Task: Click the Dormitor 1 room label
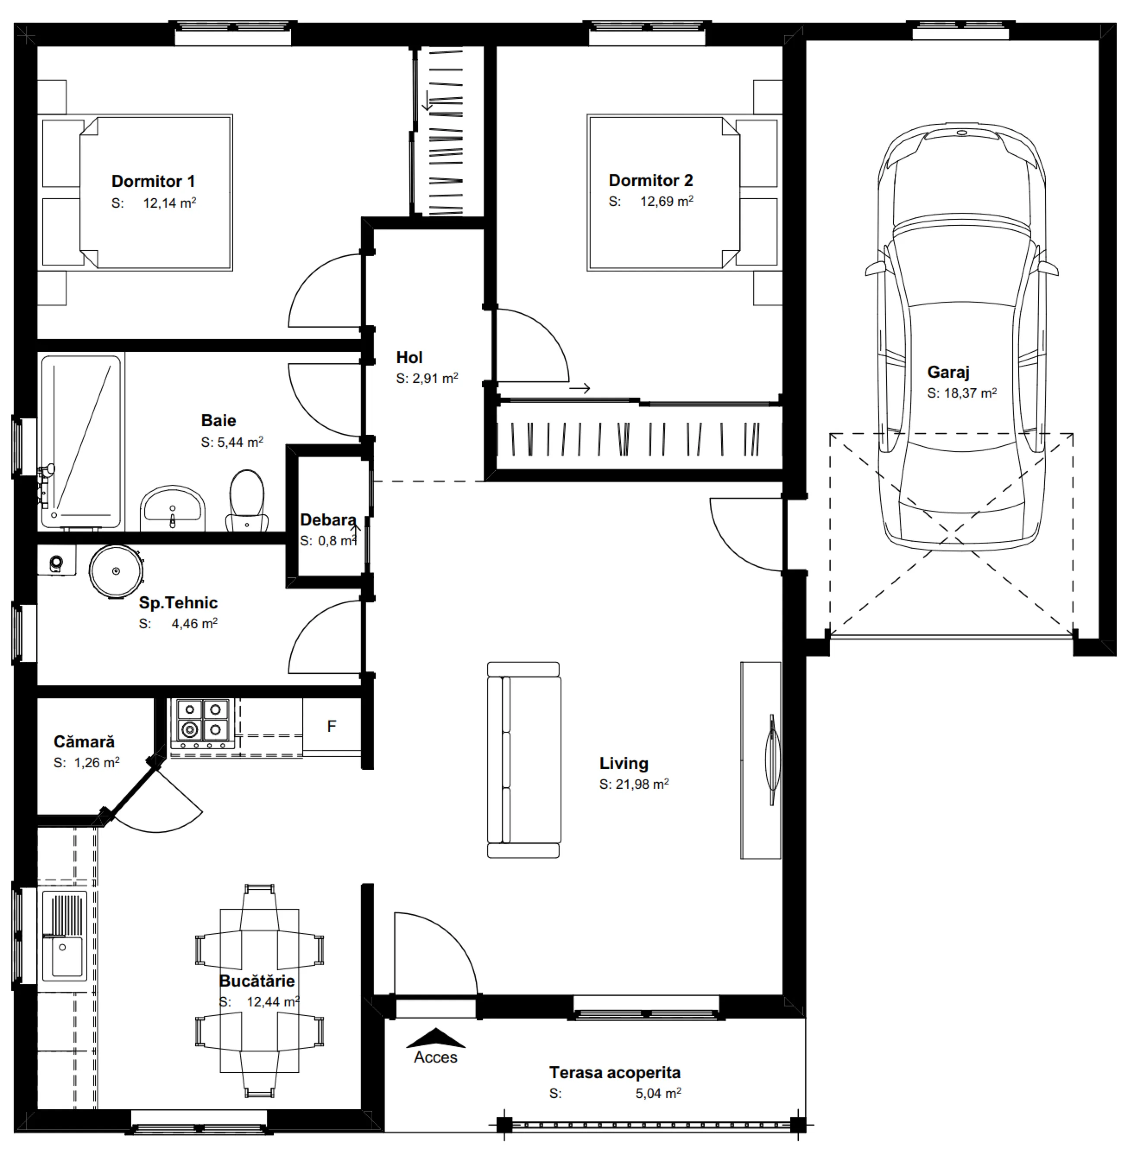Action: click(x=153, y=181)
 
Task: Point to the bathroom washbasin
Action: click(x=173, y=508)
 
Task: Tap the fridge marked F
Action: click(x=331, y=726)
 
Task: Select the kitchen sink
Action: click(x=64, y=935)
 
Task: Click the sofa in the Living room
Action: click(x=524, y=759)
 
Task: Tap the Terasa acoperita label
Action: click(x=615, y=1073)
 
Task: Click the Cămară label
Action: click(x=84, y=742)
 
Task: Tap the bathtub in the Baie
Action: click(x=81, y=442)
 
